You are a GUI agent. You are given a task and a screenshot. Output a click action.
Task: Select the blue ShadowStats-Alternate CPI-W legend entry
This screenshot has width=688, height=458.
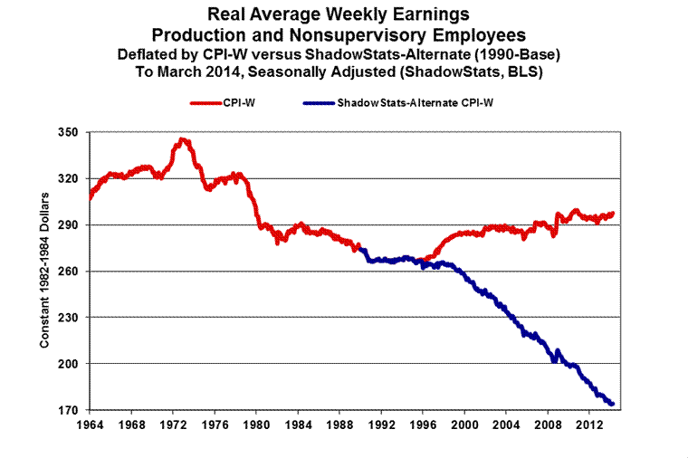pos(399,103)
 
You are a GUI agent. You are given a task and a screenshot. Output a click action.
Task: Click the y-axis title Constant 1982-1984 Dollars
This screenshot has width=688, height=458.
pos(44,269)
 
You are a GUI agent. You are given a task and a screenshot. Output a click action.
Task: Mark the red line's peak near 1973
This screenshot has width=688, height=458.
pos(184,139)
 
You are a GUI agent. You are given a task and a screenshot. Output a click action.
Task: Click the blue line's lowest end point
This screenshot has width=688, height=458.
pos(613,404)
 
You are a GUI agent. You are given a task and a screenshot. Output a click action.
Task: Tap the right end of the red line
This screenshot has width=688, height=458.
pos(613,214)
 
